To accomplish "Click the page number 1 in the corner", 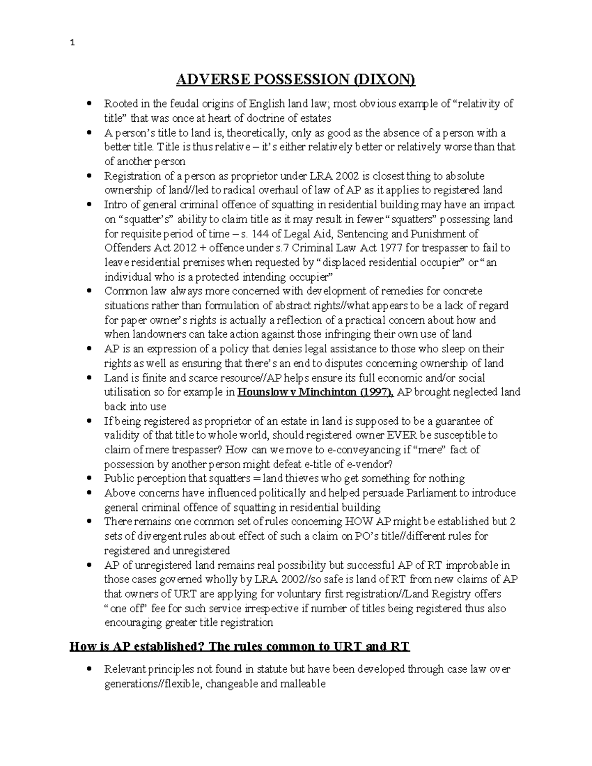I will pyautogui.click(x=73, y=43).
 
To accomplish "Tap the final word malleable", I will pyautogui.click(x=302, y=684).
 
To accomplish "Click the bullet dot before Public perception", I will pyautogui.click(x=89, y=478).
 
